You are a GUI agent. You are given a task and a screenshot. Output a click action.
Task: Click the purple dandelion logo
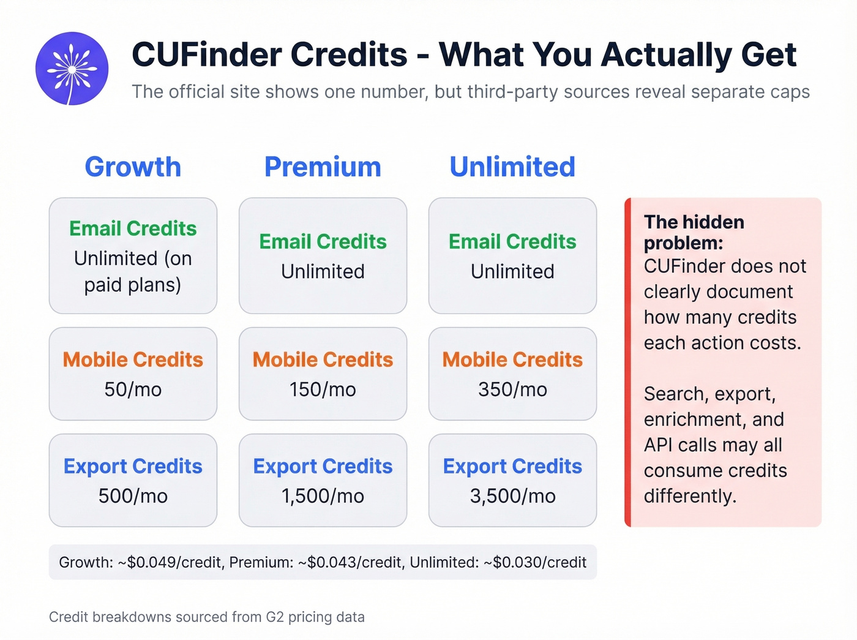coord(72,69)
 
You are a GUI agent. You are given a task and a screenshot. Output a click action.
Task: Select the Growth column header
coord(133,167)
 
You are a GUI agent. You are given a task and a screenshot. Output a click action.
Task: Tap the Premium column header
coord(323,167)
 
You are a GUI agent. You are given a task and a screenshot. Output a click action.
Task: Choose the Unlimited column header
coord(512,167)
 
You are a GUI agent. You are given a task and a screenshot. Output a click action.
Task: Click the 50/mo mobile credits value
coord(133,390)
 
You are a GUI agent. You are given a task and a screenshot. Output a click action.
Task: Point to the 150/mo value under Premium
coord(323,390)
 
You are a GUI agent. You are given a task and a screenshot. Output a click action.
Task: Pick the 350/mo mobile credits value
coord(512,390)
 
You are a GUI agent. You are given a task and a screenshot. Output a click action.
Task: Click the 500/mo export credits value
coord(133,496)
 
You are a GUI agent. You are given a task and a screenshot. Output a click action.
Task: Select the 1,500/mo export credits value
coord(323,496)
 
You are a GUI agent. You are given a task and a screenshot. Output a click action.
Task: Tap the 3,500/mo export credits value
coord(512,496)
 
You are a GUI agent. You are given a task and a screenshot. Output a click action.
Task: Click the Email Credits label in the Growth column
coord(133,228)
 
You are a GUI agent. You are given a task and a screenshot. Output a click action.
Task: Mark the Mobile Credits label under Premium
coord(323,360)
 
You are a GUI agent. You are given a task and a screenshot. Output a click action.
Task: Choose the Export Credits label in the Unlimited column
coord(512,466)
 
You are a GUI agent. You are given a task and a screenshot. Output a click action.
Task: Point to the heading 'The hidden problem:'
coord(694,232)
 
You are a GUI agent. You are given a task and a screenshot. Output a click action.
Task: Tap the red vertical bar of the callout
coord(627,362)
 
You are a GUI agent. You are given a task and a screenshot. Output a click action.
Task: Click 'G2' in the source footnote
coord(275,617)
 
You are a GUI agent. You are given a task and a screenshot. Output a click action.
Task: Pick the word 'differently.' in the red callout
coord(690,496)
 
